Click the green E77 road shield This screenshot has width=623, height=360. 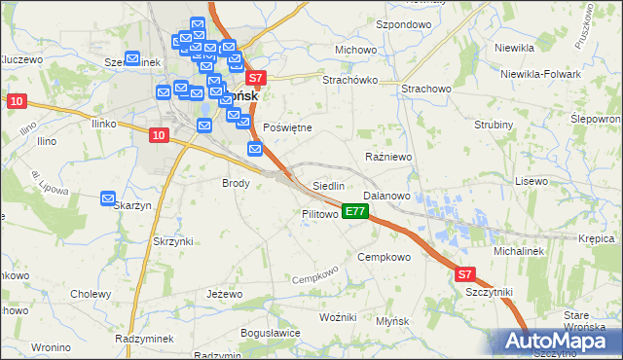(x=355, y=211)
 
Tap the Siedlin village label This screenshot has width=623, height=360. (x=329, y=185)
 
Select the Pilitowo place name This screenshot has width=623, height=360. (x=319, y=213)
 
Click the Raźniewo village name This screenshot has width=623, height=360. (x=389, y=156)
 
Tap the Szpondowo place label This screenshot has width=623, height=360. (x=403, y=23)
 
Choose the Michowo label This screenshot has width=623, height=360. (x=355, y=50)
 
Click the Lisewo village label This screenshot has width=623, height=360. (x=532, y=181)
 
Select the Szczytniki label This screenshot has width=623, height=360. (x=490, y=292)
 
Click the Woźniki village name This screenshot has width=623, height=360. (x=340, y=318)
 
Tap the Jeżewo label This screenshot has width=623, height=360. (x=224, y=293)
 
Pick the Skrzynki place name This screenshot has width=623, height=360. (x=173, y=240)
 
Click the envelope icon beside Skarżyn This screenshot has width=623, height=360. (x=108, y=198)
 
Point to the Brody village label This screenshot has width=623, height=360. (x=237, y=183)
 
